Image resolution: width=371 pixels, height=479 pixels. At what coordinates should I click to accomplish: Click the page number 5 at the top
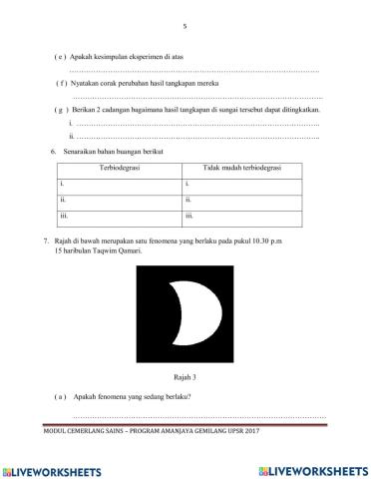[185, 26]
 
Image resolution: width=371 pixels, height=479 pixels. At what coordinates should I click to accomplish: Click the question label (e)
[61, 59]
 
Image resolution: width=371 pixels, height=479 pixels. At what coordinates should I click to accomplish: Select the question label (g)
[61, 109]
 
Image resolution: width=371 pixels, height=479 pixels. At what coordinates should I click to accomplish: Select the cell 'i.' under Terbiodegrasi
[63, 185]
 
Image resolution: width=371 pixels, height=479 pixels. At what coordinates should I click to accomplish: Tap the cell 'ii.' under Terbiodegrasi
[64, 200]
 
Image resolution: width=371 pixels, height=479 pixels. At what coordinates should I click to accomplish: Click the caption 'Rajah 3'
[185, 378]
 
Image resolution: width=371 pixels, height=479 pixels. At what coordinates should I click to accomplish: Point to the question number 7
[46, 241]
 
